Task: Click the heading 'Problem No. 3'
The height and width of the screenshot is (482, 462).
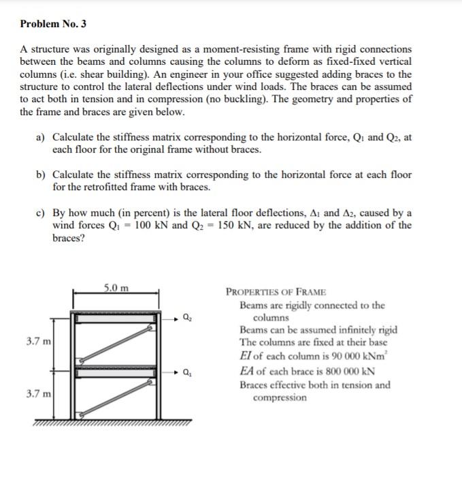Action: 53,25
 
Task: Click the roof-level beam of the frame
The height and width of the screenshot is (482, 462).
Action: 116,318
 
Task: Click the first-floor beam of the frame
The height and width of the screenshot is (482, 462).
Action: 116,373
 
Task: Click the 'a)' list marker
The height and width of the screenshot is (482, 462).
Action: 40,137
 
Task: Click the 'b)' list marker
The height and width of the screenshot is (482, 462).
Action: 40,175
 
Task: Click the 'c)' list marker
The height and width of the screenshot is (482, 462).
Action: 40,213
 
